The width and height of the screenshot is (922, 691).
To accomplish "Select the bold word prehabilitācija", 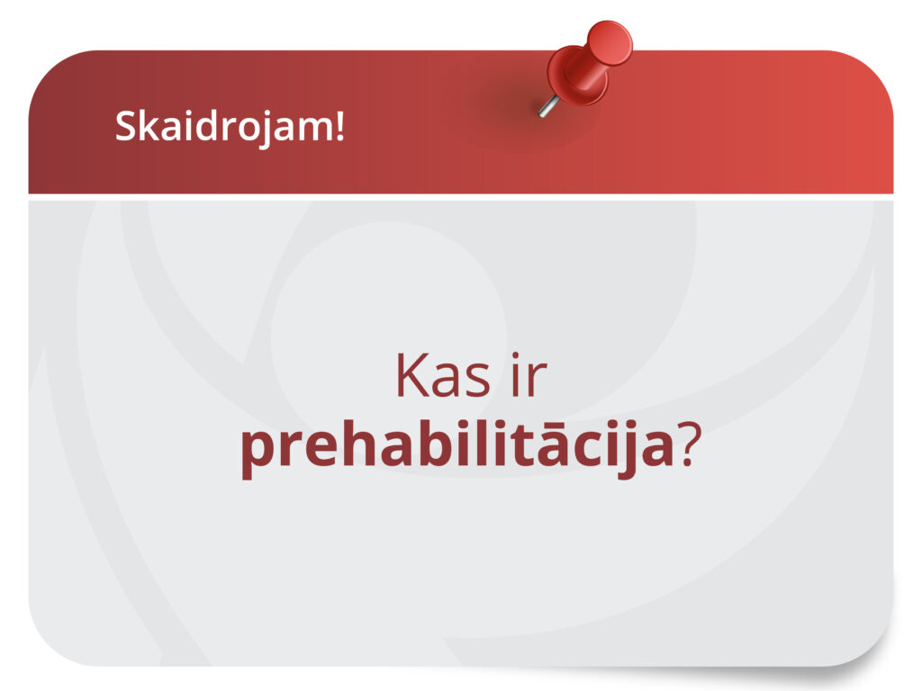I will click(456, 447).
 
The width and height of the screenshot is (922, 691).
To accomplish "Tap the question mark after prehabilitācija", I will click(689, 445).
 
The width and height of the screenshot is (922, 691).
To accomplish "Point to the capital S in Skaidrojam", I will click(124, 127).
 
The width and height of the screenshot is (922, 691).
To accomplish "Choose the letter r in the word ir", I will click(537, 381).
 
